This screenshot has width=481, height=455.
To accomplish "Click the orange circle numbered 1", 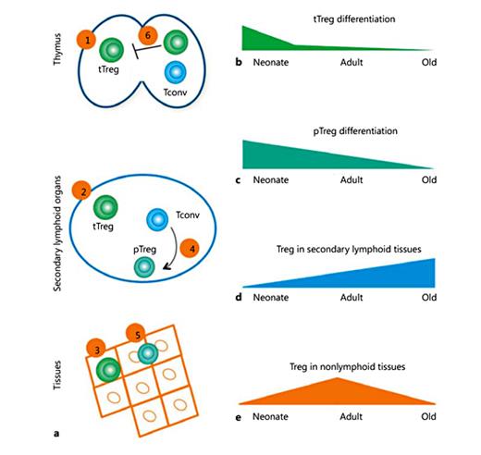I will coord(87,41).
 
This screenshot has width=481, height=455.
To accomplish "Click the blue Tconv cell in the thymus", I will coord(174,72).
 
